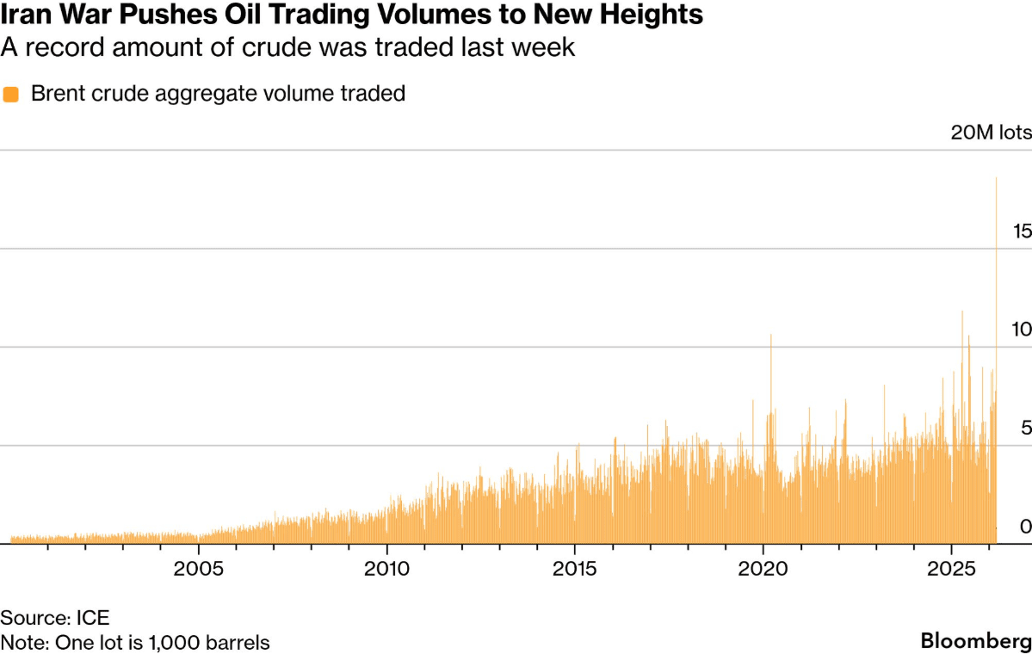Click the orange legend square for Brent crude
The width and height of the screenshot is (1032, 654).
11,95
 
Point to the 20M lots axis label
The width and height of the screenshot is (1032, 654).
991,133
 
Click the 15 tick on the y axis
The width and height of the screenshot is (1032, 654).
1022,231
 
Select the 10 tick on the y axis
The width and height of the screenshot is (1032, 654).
1022,330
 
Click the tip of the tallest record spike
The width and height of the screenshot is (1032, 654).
997,178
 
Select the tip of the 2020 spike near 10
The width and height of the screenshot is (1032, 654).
771,335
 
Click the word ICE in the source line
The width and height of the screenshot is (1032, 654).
92,617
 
